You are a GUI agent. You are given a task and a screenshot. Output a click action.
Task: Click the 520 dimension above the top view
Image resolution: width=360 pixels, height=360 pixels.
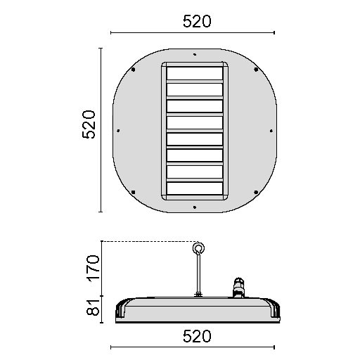[197, 21]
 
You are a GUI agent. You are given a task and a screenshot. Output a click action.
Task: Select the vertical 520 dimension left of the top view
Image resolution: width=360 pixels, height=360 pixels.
[89, 124]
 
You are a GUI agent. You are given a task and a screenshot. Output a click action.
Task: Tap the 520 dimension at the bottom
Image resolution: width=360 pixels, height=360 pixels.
[197, 336]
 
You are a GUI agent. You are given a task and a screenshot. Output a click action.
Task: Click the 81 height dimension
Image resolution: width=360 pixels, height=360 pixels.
[93, 307]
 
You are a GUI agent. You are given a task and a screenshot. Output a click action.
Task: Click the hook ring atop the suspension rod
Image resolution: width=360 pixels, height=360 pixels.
[198, 248]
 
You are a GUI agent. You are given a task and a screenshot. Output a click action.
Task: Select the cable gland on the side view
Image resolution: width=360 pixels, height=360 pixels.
[238, 288]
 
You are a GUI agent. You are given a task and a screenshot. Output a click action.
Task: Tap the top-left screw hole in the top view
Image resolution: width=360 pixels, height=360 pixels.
[134, 70]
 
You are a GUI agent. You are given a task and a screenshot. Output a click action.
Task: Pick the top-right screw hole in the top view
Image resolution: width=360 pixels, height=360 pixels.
[256, 70]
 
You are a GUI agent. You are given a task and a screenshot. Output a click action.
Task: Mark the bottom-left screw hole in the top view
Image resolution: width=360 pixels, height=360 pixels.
[134, 192]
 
